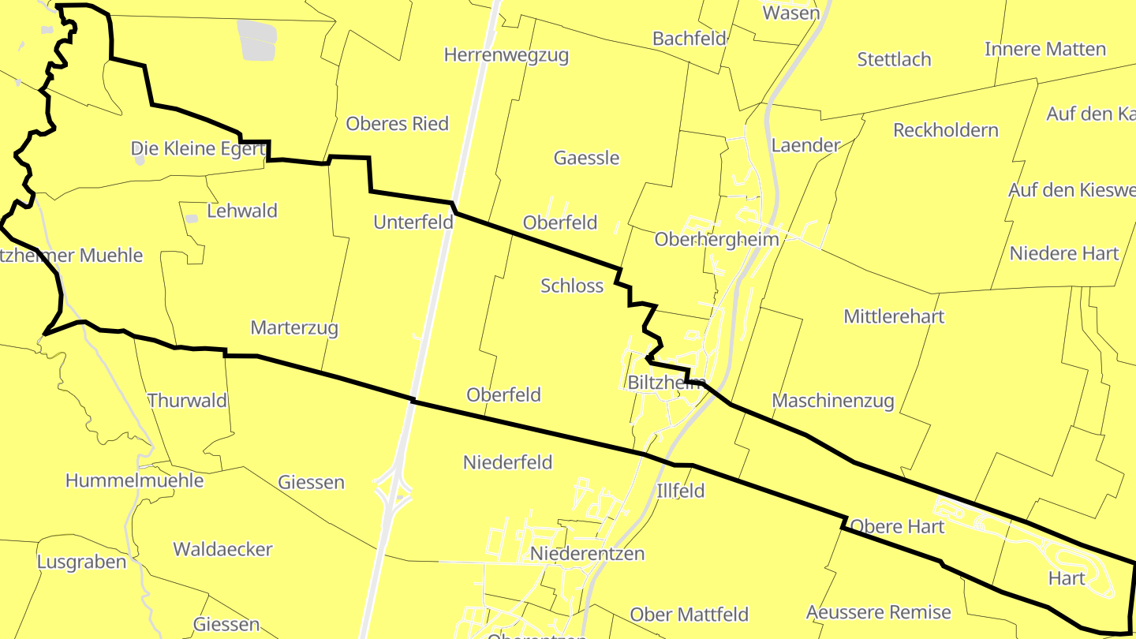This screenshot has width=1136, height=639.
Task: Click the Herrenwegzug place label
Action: (x=506, y=55)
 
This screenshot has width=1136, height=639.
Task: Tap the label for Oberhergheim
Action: (x=716, y=239)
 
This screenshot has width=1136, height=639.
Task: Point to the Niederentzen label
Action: (x=587, y=554)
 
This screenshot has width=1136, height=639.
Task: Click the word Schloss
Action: (x=572, y=286)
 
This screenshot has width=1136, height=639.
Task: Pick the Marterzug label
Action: (x=294, y=327)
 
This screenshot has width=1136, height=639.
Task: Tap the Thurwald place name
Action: (x=187, y=401)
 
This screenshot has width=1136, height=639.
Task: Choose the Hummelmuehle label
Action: (x=134, y=480)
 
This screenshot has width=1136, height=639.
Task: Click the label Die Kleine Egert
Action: (x=197, y=148)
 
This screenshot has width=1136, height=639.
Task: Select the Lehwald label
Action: (x=242, y=211)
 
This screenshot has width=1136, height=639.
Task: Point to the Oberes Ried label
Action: (x=397, y=124)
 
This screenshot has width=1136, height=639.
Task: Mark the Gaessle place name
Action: (x=586, y=158)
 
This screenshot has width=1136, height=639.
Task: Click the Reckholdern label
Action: (x=945, y=130)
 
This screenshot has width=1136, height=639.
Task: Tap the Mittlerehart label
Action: (x=894, y=316)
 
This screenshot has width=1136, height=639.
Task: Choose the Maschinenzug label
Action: (x=832, y=401)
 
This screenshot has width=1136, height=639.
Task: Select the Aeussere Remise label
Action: (x=878, y=612)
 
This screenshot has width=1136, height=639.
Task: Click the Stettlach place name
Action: (x=894, y=60)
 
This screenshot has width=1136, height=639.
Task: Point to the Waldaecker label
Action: (x=222, y=549)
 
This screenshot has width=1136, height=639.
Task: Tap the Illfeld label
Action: (x=680, y=491)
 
